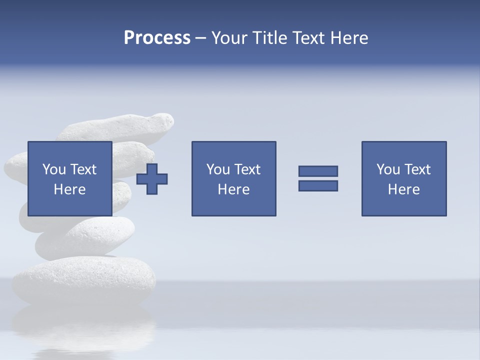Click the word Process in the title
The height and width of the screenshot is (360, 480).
157,38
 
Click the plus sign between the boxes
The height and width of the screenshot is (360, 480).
152,179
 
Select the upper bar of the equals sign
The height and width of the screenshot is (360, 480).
318,171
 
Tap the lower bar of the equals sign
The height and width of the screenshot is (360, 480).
318,185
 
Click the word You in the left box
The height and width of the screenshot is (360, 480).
54,169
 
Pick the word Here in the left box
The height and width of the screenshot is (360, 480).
69,189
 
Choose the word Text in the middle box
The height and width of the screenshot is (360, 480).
247,169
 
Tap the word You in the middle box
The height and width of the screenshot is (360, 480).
218,169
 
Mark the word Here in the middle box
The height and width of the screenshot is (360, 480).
233,189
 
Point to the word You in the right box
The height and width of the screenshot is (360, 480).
388,169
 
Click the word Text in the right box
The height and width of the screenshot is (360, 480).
417,169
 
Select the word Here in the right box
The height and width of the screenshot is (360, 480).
403,189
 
